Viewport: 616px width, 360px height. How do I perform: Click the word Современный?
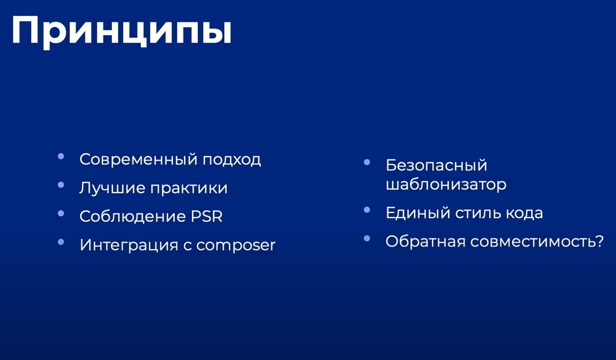pos(139,160)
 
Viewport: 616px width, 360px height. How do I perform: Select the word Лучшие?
pos(112,188)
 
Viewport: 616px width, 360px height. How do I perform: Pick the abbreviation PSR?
pos(206,216)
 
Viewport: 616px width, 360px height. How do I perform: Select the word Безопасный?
pos(436,165)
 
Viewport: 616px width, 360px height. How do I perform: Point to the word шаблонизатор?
pos(446,185)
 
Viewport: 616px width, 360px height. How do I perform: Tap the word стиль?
pos(478,213)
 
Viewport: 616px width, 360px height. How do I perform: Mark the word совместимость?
pos(530,242)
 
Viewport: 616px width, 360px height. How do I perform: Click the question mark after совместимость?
pos(597,241)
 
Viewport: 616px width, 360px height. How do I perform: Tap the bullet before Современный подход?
pos(61,157)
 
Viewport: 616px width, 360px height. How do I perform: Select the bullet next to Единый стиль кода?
pos(367,210)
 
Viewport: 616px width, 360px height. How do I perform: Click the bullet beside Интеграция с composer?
pos(61,242)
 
